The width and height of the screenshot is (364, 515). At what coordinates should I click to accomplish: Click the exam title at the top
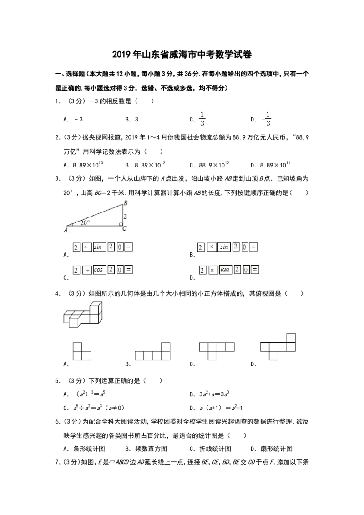(x=182, y=55)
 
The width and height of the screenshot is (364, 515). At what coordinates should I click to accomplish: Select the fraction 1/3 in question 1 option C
(x=202, y=119)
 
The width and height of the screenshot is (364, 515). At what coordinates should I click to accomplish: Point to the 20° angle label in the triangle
(x=85, y=223)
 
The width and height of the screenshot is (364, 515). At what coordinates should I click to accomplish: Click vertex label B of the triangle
(x=125, y=203)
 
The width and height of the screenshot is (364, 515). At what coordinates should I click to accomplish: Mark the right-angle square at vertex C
(x=121, y=224)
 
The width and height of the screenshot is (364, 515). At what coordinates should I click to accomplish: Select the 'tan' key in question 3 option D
(x=225, y=270)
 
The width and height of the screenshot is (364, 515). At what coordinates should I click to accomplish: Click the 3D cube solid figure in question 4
(x=83, y=314)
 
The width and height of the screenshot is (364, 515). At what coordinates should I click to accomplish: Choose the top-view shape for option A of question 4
(x=82, y=351)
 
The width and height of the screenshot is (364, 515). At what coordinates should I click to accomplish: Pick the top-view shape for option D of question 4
(x=278, y=347)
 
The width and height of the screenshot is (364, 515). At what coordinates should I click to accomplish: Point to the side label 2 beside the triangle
(x=125, y=217)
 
